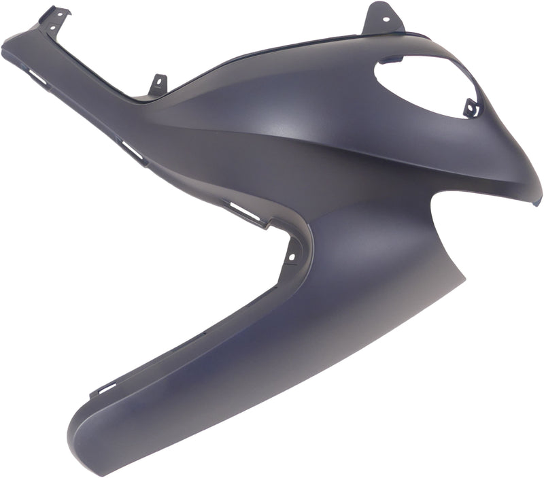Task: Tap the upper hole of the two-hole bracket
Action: coord(64,12)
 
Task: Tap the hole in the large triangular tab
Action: coord(381,12)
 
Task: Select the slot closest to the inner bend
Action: coord(245,213)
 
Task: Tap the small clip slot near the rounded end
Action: coord(103,390)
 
